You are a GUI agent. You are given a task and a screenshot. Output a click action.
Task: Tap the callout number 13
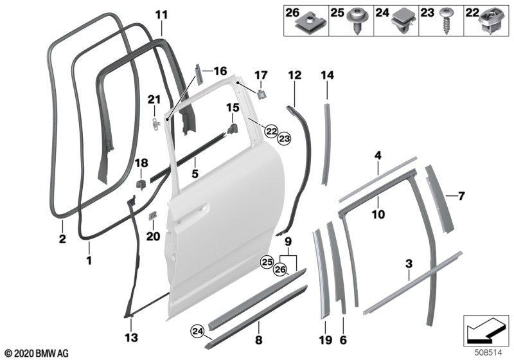click(x=131, y=337)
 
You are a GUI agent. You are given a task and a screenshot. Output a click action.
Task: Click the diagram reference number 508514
click(x=489, y=352)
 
